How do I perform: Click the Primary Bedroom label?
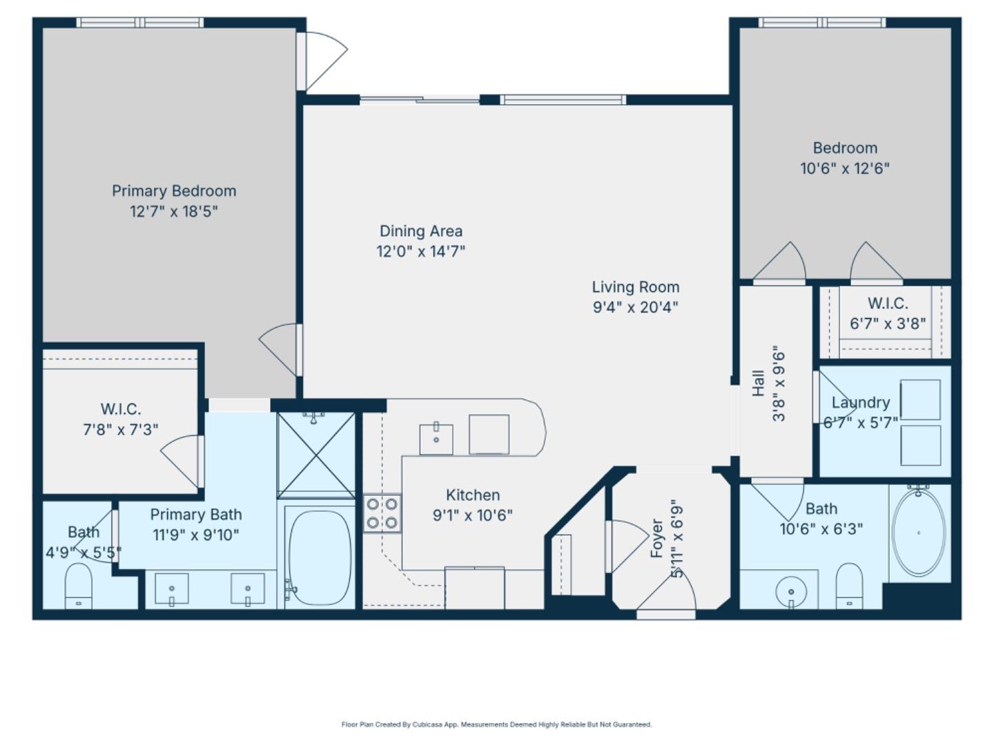pyautogui.click(x=174, y=191)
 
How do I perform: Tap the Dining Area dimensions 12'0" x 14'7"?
pyautogui.click(x=420, y=251)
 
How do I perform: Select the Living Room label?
pyautogui.click(x=635, y=287)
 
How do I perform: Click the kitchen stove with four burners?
pyautogui.click(x=382, y=513)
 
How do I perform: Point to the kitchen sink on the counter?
pyautogui.click(x=436, y=439)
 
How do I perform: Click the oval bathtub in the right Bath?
pyautogui.click(x=918, y=532)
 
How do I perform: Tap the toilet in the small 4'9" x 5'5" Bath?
pyautogui.click(x=79, y=586)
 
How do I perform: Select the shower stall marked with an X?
pyautogui.click(x=316, y=455)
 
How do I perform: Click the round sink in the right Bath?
pyautogui.click(x=791, y=592)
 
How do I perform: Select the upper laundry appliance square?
pyautogui.click(x=920, y=399)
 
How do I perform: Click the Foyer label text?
pyautogui.click(x=657, y=538)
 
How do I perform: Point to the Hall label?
pyautogui.click(x=758, y=383)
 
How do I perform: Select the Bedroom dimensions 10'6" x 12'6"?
pyautogui.click(x=845, y=168)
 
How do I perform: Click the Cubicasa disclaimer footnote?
pyautogui.click(x=496, y=724)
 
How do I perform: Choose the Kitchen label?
pyautogui.click(x=472, y=495)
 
